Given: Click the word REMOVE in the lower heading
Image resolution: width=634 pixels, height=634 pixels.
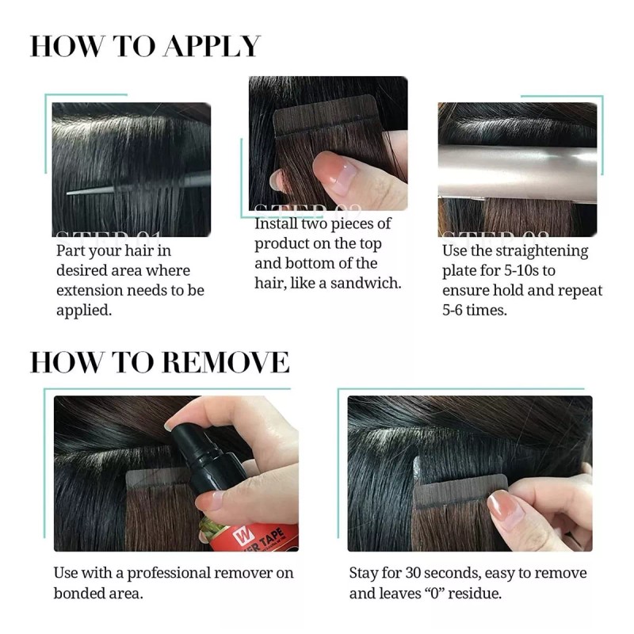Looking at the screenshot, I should click(x=225, y=361).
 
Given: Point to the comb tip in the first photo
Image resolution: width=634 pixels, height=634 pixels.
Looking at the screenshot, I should click(x=70, y=192).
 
